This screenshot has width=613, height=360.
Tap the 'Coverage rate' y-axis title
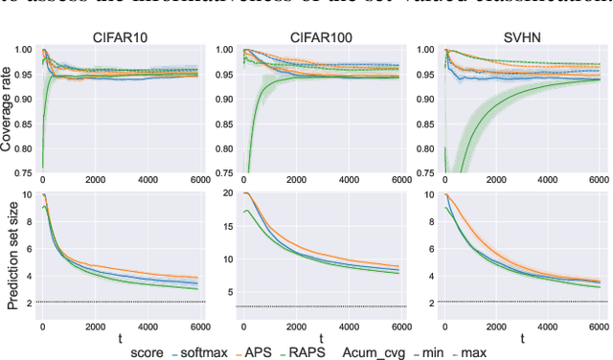point(9,112)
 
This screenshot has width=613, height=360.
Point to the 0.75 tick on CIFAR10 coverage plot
point(23,172)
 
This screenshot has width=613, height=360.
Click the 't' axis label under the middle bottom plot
point(320,338)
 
